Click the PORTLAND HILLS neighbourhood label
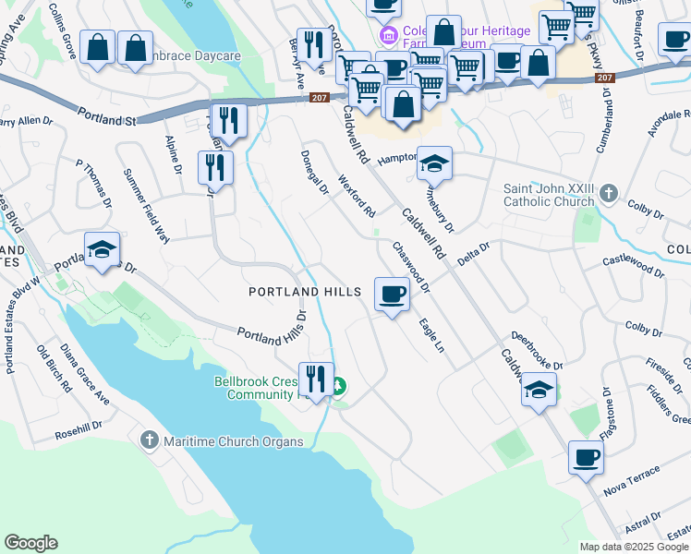click(305, 292)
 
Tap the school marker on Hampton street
click(434, 165)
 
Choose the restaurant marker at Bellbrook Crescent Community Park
click(316, 379)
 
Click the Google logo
click(30, 543)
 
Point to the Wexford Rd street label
click(357, 196)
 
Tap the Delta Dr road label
click(472, 251)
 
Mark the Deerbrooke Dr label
click(537, 352)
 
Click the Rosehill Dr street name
click(79, 428)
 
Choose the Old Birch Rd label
click(55, 368)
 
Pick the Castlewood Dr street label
click(634, 265)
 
